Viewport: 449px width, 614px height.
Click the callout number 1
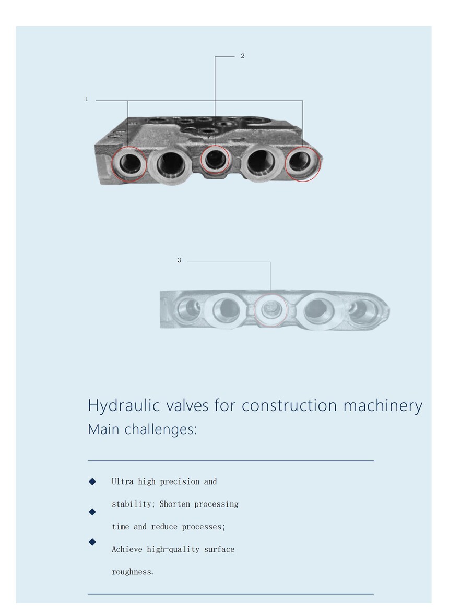click(x=87, y=99)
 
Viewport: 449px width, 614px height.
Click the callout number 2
click(x=243, y=56)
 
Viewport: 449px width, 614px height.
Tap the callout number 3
click(x=179, y=260)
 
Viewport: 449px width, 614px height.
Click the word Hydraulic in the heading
click(x=124, y=406)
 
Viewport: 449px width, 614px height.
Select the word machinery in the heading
click(x=383, y=406)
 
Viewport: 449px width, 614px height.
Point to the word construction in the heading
click(x=289, y=406)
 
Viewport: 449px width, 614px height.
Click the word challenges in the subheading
click(x=161, y=429)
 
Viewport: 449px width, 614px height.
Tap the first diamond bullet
click(x=92, y=481)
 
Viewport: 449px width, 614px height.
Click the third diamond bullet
click(x=92, y=542)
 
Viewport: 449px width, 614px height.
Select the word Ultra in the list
click(x=123, y=481)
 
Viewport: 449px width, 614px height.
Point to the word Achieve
click(x=127, y=549)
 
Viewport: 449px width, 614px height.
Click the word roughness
click(x=133, y=572)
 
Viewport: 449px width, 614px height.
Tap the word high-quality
click(x=173, y=549)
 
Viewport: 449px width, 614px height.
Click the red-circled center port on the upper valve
click(x=215, y=160)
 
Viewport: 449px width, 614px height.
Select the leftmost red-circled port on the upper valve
click(x=129, y=164)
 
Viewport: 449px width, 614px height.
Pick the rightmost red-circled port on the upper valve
click(x=302, y=164)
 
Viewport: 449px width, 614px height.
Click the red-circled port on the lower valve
click(x=271, y=310)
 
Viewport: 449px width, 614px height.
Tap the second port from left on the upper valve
click(x=171, y=165)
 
